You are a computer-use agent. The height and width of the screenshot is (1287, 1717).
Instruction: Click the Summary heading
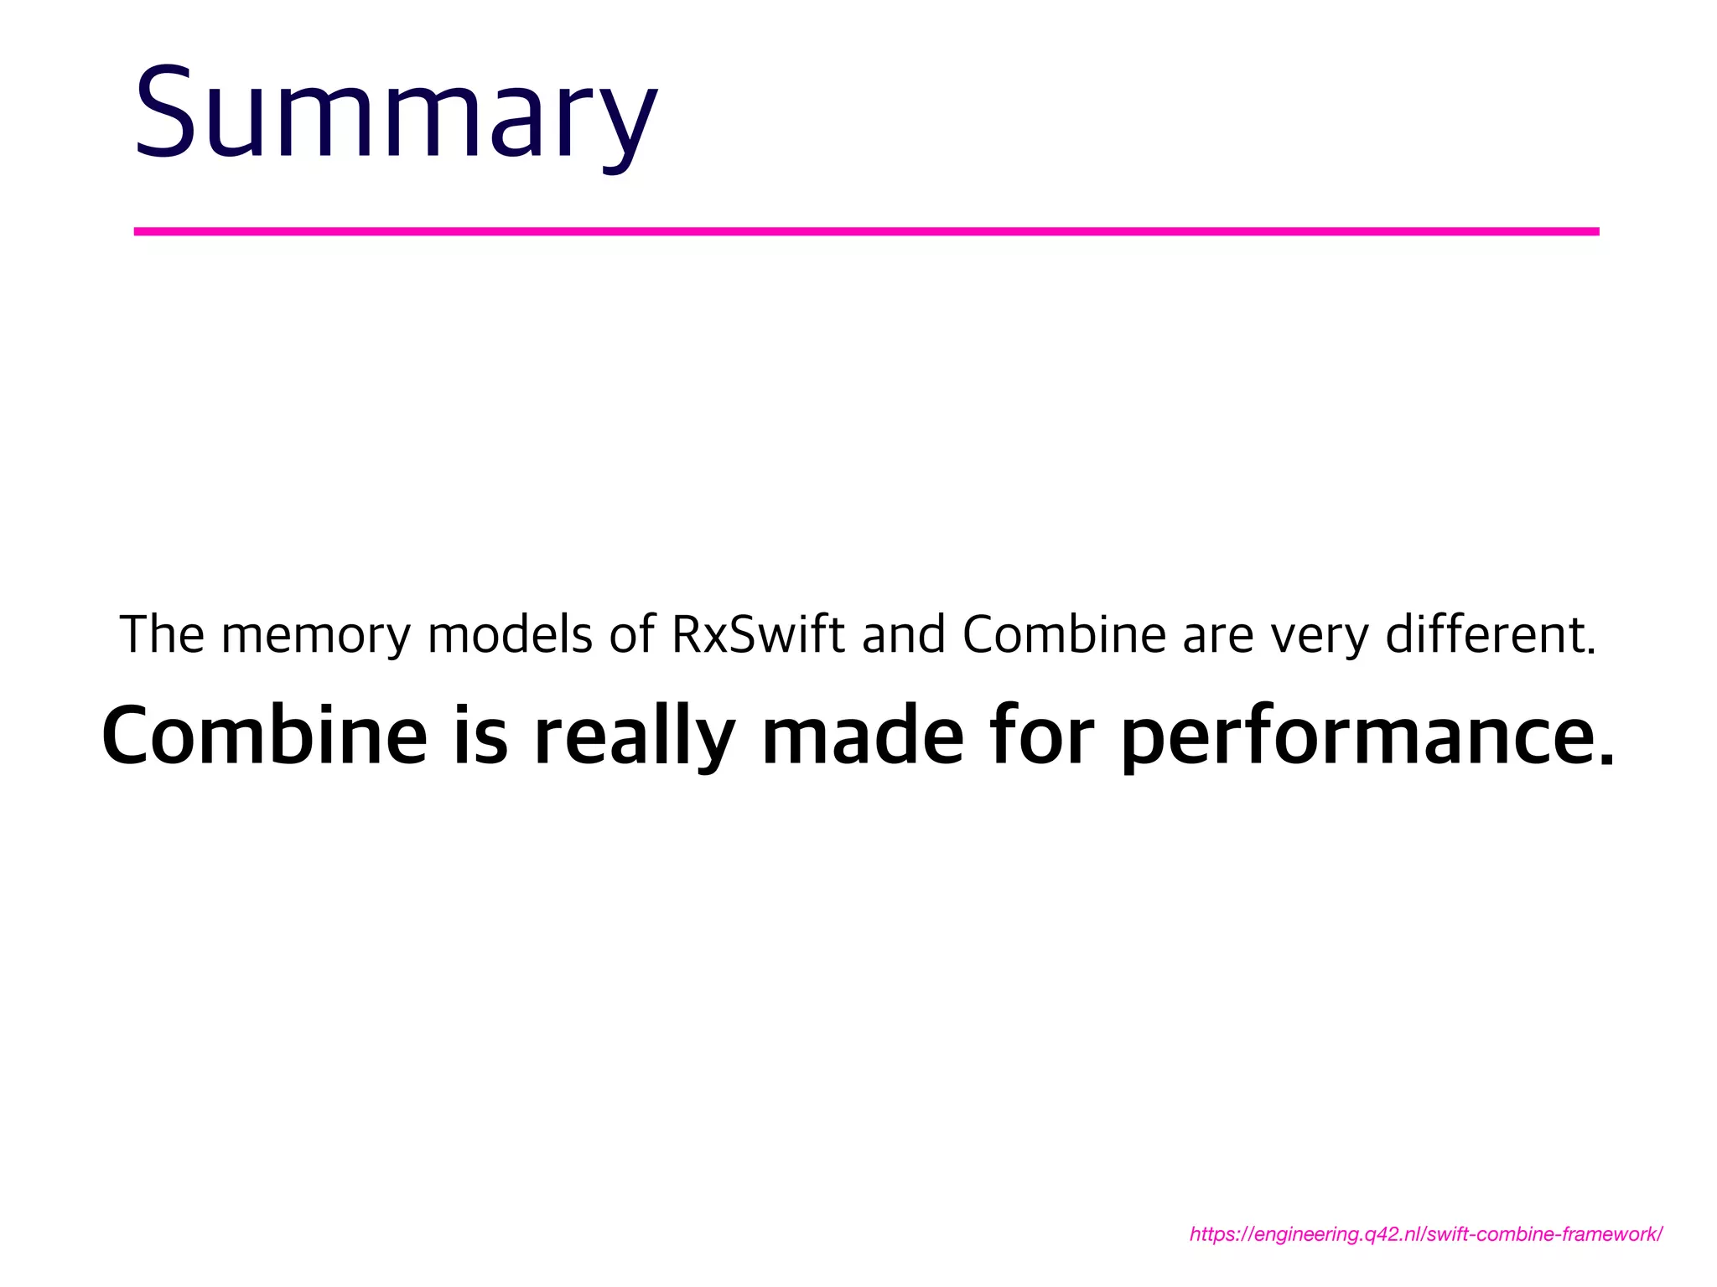pyautogui.click(x=396, y=113)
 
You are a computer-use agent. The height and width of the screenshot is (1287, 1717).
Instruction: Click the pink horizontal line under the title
pyautogui.click(x=866, y=231)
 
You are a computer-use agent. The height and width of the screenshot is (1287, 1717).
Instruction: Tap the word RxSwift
pyautogui.click(x=758, y=634)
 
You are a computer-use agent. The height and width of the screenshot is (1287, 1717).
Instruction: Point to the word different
pyautogui.click(x=1490, y=634)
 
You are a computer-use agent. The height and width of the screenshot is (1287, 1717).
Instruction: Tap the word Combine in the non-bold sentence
pyautogui.click(x=1064, y=634)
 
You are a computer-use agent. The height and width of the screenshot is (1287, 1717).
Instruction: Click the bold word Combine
pyautogui.click(x=264, y=735)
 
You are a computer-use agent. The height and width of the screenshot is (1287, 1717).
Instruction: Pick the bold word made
pyautogui.click(x=863, y=735)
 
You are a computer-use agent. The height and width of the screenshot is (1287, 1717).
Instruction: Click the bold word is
pyautogui.click(x=480, y=735)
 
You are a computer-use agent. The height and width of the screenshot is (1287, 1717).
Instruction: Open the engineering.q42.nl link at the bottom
pyautogui.click(x=1425, y=1234)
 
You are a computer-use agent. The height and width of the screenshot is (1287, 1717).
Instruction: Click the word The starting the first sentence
pyautogui.click(x=162, y=634)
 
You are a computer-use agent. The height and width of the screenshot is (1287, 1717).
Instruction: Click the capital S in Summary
pyautogui.click(x=166, y=113)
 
